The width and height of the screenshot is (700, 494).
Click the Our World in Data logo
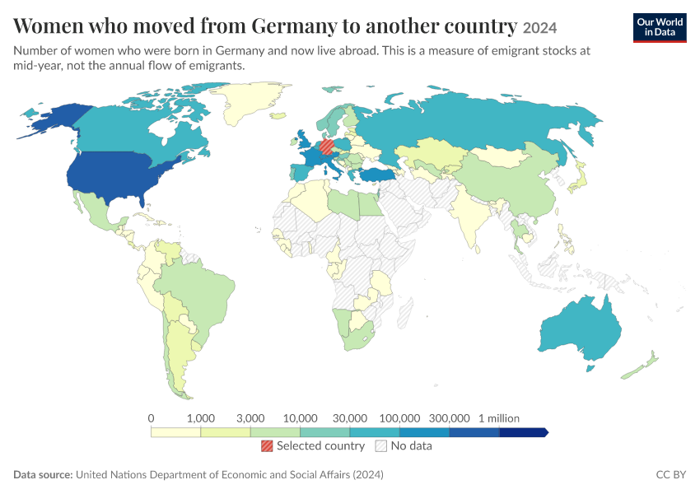pos(660,28)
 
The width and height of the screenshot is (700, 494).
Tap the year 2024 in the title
pos(539,29)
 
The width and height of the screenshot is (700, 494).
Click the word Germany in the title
pos(294,26)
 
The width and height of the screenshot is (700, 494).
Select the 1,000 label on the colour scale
pos(201,418)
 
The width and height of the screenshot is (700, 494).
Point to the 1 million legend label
pos(499,418)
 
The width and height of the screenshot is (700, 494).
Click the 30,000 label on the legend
pos(350,418)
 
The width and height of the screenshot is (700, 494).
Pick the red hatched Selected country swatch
pos(267,445)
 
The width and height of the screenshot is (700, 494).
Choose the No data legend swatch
pos(381,445)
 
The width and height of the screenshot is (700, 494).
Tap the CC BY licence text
pos(670,475)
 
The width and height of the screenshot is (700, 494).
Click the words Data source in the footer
pos(43,475)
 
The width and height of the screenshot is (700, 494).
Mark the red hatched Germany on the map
pos(327,147)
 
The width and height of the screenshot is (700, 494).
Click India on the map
pos(469,219)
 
